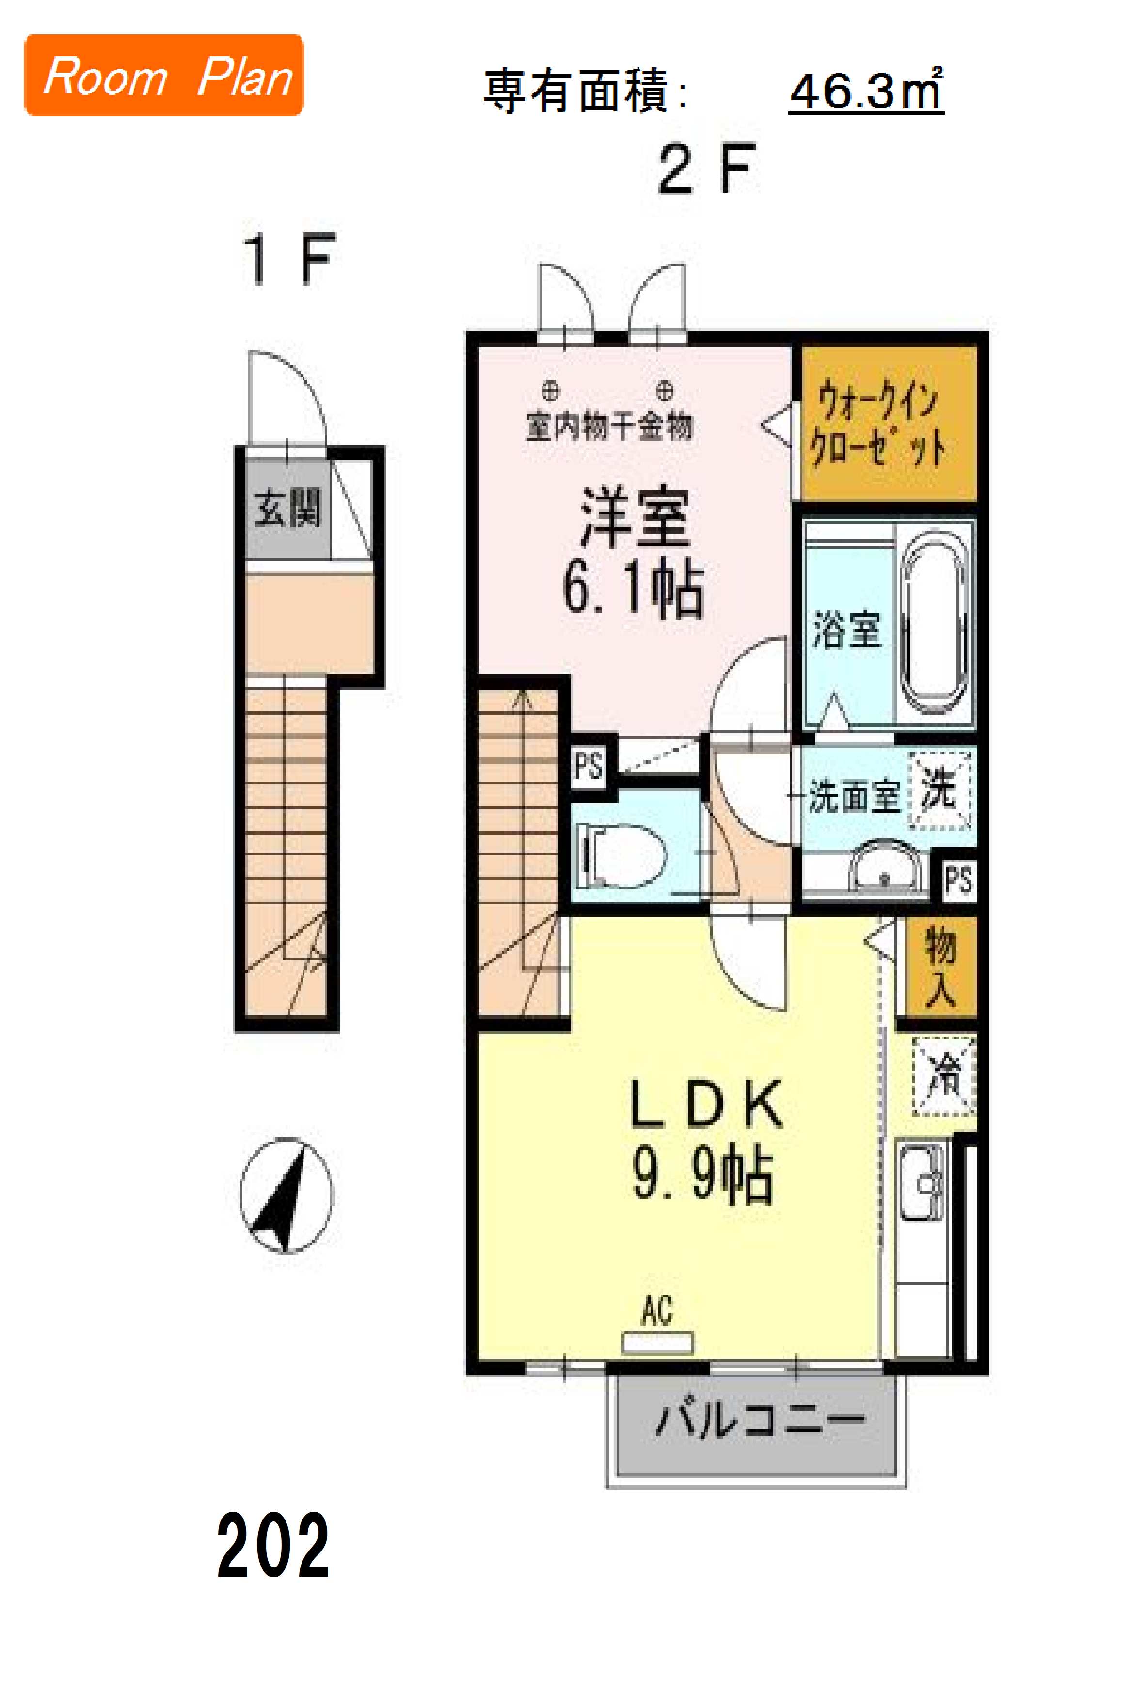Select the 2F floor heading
(704, 169)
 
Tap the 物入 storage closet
(940, 966)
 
